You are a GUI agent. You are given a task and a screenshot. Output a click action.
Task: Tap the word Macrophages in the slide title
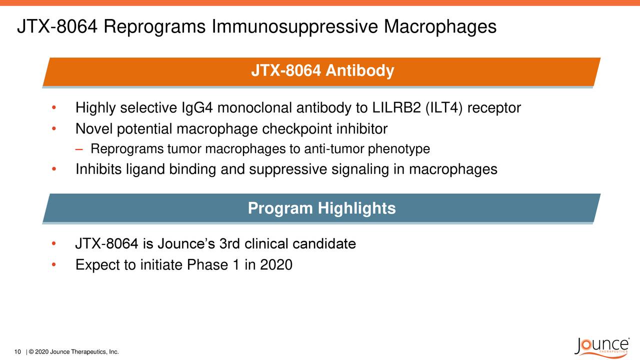click(x=440, y=26)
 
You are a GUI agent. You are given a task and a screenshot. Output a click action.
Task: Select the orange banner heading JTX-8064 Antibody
click(x=322, y=71)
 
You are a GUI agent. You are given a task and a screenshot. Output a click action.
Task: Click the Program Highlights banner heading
click(x=321, y=208)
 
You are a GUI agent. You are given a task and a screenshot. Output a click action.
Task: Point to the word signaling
click(x=360, y=170)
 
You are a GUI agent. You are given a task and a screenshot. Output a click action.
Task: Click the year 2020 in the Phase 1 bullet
click(x=276, y=264)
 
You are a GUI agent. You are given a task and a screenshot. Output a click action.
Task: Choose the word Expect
click(x=97, y=264)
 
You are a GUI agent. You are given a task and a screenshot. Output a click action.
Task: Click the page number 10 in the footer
click(x=18, y=352)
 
